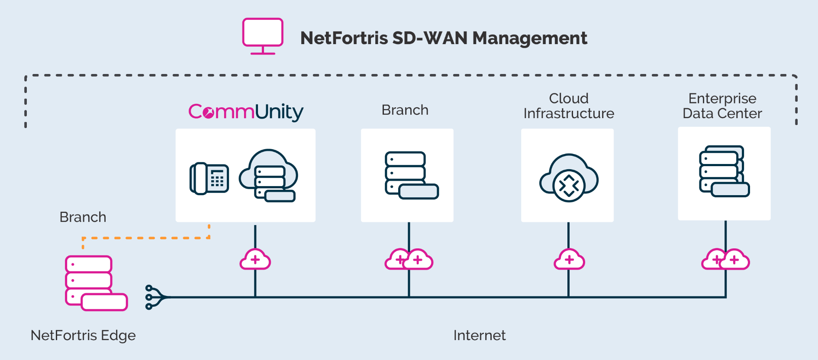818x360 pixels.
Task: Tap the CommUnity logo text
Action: (246, 112)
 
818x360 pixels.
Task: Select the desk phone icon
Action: (209, 178)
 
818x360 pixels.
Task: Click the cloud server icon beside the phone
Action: (269, 176)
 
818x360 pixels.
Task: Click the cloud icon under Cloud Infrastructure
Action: (568, 178)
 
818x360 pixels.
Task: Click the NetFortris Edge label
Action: (83, 335)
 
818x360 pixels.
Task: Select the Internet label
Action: (479, 335)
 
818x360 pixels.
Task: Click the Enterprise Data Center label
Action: (722, 106)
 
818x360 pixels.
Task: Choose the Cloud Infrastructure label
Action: (569, 106)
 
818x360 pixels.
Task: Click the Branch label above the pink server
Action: (83, 217)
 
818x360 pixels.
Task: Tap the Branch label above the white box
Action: (405, 110)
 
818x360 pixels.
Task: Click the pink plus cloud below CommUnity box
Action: (255, 260)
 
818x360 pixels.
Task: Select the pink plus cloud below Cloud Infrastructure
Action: (569, 260)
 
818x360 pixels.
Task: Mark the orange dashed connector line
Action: (147, 238)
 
